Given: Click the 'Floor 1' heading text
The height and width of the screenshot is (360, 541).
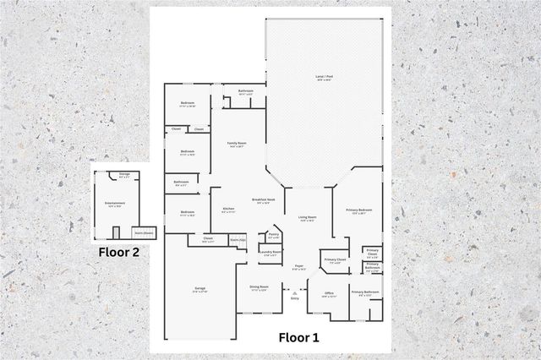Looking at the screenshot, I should (x=299, y=337).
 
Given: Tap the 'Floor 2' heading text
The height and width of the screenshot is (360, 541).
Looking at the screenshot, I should (x=117, y=251).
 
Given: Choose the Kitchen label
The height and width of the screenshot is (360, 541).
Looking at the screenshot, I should (x=228, y=210).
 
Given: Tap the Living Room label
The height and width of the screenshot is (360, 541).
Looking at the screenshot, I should (x=306, y=218).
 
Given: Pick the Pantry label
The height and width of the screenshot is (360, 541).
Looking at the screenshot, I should (x=274, y=235).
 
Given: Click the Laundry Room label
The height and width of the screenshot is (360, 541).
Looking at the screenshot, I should (x=270, y=252).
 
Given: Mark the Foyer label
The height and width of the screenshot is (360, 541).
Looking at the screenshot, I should (x=298, y=268).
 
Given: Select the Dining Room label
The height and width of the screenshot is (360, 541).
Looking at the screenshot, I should (x=259, y=287).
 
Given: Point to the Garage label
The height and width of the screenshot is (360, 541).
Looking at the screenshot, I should (x=200, y=289).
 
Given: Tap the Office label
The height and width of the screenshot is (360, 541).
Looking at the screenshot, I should (x=330, y=294).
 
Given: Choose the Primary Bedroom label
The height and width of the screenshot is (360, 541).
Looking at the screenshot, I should (x=358, y=210).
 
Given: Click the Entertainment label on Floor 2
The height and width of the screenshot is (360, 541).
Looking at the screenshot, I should (x=114, y=204).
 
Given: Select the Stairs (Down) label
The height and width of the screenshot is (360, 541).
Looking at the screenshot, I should (x=144, y=232).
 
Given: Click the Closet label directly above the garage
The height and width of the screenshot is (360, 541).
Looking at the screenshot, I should (x=208, y=239).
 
